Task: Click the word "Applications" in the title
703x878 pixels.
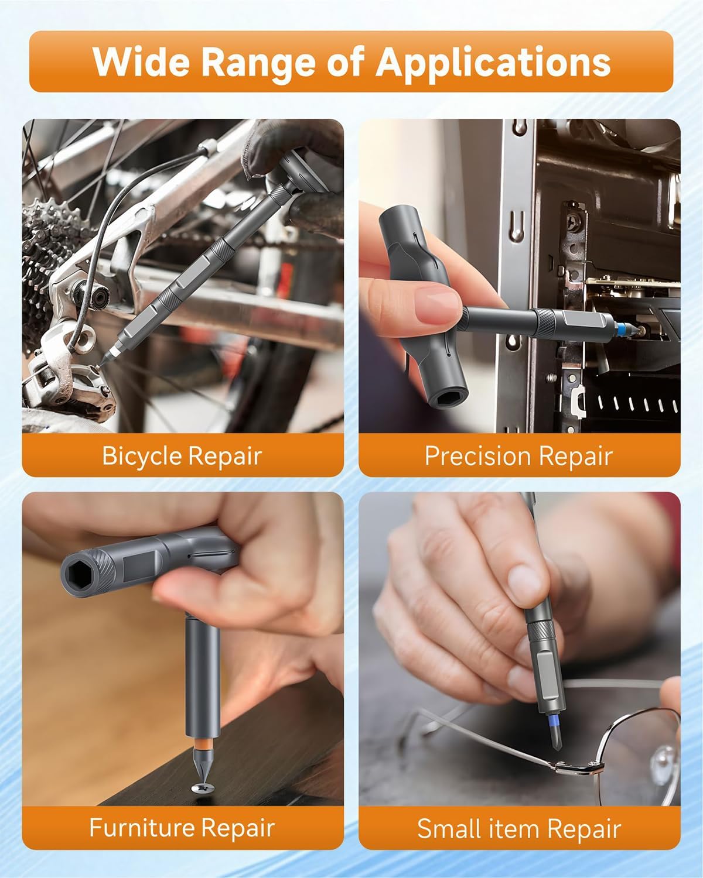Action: (493, 62)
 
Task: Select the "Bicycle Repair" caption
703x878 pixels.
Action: (182, 455)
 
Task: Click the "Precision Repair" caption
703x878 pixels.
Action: (518, 455)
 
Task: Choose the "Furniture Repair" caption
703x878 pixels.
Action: (182, 828)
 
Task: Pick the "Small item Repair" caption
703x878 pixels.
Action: (518, 829)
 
